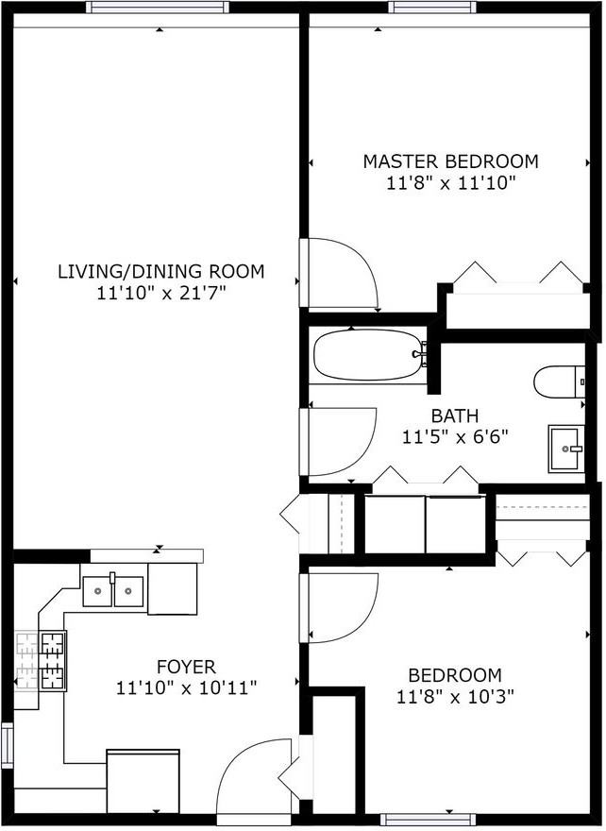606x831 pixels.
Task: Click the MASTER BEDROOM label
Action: click(450, 161)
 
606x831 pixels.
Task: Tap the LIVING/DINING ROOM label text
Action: click(161, 271)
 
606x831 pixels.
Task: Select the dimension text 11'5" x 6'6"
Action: click(455, 436)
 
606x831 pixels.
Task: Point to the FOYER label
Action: click(187, 666)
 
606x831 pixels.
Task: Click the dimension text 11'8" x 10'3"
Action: click(456, 696)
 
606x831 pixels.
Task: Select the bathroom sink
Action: click(566, 449)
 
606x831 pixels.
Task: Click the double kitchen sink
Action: click(113, 591)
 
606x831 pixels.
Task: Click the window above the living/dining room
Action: click(158, 8)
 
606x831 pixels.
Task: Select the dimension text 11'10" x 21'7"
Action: click(161, 293)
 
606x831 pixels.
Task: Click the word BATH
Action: click(455, 415)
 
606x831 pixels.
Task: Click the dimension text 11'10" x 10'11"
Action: click(187, 687)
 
